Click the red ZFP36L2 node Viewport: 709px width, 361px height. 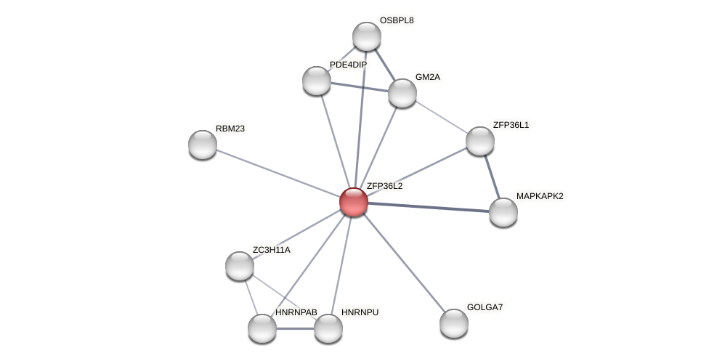[x=354, y=201]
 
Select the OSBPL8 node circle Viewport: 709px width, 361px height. [x=367, y=36]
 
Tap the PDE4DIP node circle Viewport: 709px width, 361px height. [x=317, y=80]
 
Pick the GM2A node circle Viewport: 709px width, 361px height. [x=402, y=93]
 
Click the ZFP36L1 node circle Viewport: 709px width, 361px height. [x=480, y=141]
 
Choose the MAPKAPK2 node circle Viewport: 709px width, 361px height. [x=503, y=212]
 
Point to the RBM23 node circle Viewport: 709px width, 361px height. [x=203, y=144]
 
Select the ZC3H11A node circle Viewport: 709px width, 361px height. [x=240, y=266]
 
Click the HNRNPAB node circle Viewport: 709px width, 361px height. [x=262, y=328]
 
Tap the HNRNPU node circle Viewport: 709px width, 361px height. [x=328, y=328]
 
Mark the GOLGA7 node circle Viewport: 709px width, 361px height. [x=454, y=323]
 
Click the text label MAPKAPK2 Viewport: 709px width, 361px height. [x=540, y=196]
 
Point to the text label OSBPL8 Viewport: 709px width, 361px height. [x=397, y=20]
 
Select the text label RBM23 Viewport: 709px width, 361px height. [x=230, y=129]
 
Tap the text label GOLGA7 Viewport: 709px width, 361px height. [x=485, y=307]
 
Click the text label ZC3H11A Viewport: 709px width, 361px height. [x=272, y=250]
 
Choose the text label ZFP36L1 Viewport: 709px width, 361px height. [x=511, y=125]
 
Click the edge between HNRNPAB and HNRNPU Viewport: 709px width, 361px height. [x=295, y=328]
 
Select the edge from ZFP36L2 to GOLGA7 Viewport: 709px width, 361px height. [x=404, y=262]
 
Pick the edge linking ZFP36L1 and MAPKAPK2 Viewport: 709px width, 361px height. [x=492, y=177]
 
